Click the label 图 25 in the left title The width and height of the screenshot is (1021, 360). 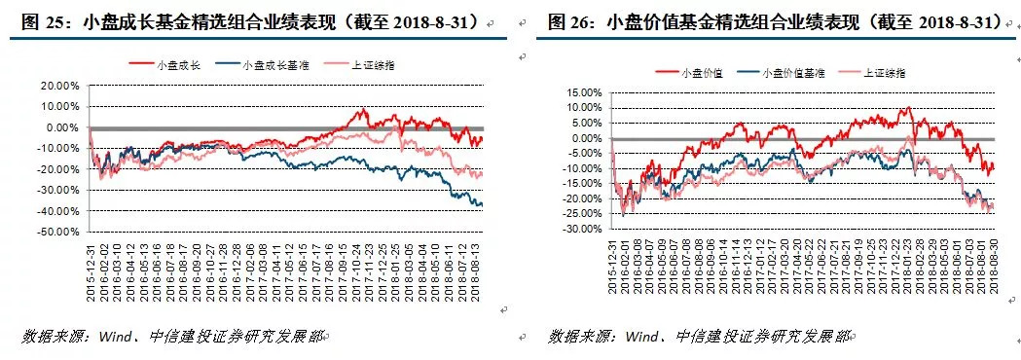pos(34,21)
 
